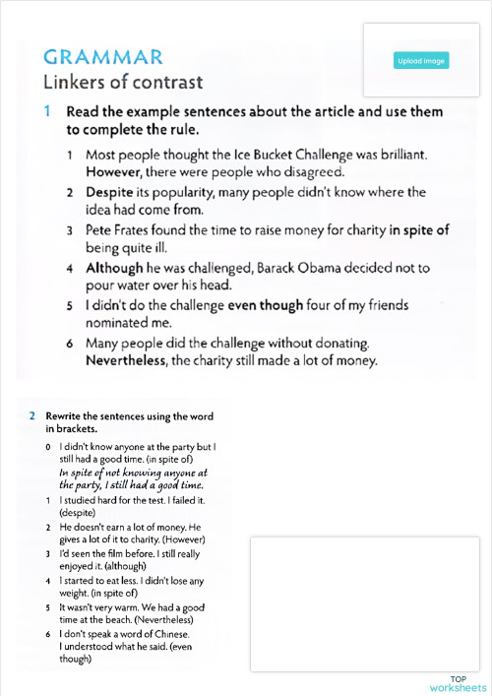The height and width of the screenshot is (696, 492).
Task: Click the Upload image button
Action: [x=421, y=61]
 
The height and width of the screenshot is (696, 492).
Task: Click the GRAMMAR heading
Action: [x=103, y=56]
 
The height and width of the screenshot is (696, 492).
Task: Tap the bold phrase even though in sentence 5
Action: [x=266, y=305]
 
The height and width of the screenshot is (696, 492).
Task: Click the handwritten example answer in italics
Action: [x=131, y=478]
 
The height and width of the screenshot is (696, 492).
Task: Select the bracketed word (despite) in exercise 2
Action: [x=76, y=513]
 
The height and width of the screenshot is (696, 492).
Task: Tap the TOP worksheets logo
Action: [x=458, y=683]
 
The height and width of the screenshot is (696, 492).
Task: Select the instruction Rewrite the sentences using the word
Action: [x=129, y=416]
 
